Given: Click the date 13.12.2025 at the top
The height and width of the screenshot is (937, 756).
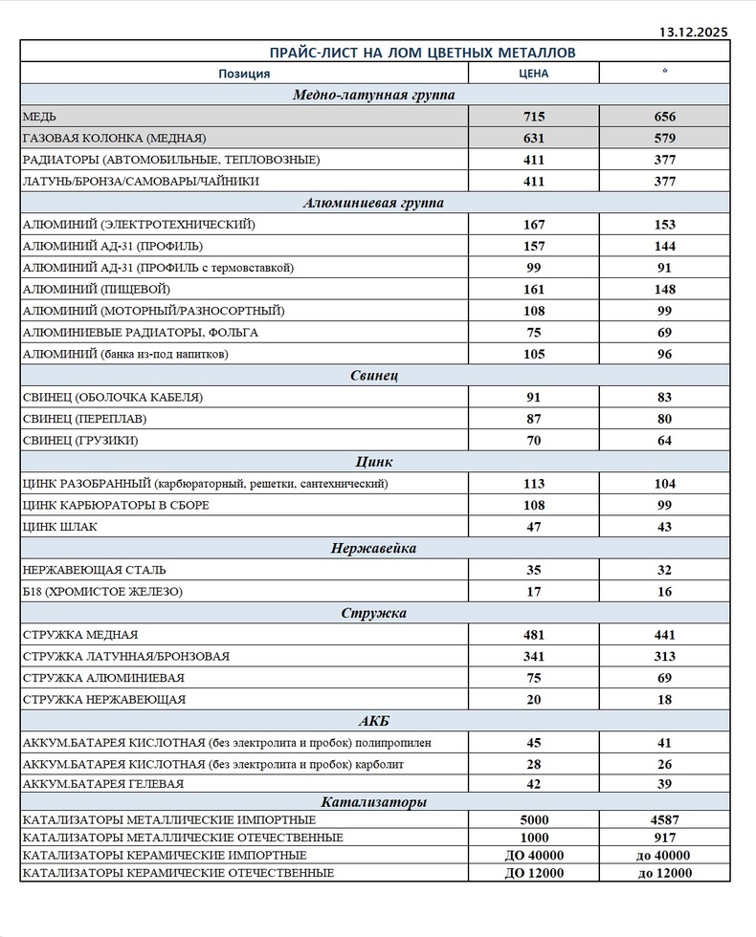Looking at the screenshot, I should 693,32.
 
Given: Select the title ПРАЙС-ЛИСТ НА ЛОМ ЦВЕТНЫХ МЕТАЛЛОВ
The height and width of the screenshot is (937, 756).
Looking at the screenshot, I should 374,52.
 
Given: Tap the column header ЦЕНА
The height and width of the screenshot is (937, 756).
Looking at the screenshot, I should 533,74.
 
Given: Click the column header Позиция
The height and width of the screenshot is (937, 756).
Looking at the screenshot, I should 244,74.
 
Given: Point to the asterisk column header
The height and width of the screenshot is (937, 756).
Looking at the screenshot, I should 664,74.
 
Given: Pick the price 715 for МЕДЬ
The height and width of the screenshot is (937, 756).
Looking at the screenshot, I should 533,117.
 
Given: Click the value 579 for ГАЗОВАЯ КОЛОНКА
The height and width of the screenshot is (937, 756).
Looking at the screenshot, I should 664,138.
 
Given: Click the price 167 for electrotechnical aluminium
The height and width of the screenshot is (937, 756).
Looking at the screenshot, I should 533,225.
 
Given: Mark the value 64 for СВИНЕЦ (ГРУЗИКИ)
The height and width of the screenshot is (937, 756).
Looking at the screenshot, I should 664,441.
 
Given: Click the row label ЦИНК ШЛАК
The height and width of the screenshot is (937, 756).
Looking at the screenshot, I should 59,527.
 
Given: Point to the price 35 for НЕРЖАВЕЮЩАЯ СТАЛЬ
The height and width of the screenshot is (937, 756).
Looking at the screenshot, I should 533,570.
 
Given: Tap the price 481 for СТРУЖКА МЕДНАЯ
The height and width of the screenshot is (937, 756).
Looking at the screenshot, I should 533,635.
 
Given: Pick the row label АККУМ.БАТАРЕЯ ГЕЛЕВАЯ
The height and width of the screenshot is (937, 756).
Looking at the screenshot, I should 102,784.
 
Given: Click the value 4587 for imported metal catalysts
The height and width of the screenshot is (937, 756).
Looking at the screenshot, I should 664,819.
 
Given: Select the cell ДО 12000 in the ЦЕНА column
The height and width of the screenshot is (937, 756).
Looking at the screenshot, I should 533,873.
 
